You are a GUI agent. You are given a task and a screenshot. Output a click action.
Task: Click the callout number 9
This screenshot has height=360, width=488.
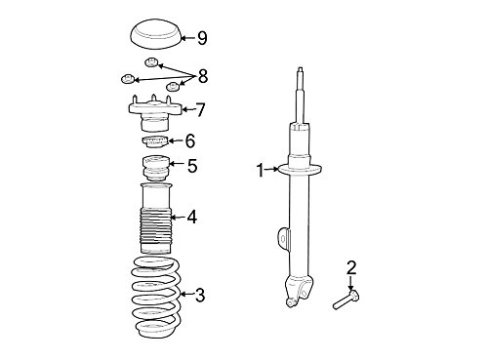tap(202, 38)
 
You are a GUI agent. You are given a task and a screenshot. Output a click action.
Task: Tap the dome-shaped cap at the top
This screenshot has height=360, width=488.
tap(155, 34)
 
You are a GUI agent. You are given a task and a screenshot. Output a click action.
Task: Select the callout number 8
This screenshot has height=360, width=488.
tap(202, 77)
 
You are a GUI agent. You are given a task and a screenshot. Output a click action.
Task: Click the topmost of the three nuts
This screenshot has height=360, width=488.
tap(151, 62)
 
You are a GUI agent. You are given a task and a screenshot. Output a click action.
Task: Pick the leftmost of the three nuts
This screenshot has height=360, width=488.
tap(127, 79)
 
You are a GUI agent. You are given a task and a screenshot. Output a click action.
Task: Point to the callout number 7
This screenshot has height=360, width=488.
tap(200, 109)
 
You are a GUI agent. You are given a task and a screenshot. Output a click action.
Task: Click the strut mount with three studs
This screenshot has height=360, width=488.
tap(154, 113)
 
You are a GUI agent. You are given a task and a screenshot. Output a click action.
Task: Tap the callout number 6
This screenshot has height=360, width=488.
tap(190, 140)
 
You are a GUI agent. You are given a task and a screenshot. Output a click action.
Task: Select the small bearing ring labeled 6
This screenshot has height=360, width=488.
tap(155, 141)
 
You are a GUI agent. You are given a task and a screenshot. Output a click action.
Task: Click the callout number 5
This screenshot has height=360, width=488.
tap(192, 166)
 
